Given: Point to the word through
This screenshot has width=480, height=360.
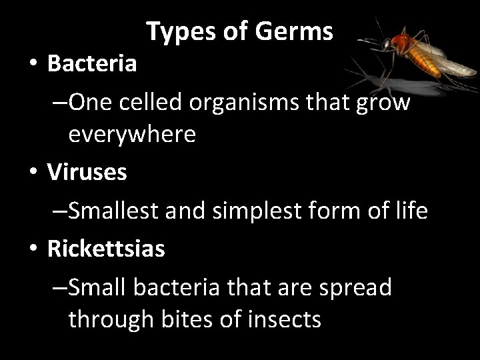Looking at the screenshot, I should pos(106,319).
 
